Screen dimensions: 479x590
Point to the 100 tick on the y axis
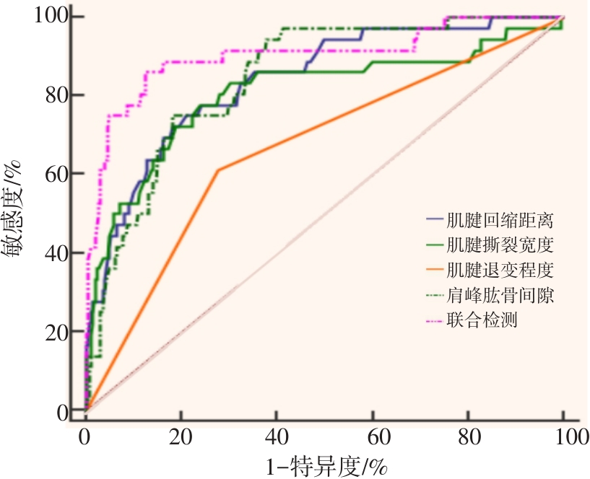(x=49, y=16)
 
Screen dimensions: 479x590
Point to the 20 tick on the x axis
(x=181, y=437)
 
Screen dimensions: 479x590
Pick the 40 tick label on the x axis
(x=277, y=437)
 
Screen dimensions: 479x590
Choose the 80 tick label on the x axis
(x=468, y=437)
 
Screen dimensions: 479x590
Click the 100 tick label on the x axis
(x=563, y=437)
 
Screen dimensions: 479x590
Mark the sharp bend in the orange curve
(x=217, y=170)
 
